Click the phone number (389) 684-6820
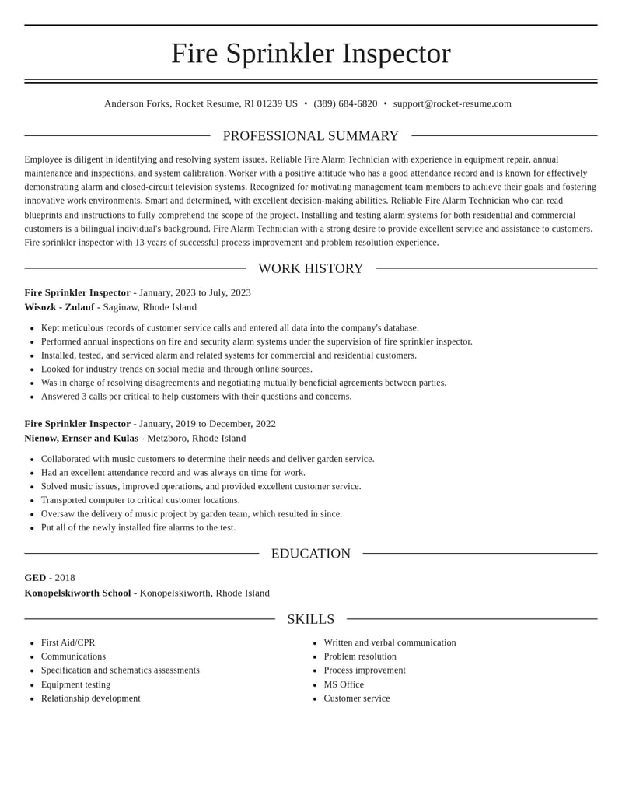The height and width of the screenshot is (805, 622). point(345,103)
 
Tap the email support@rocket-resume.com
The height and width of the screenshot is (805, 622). point(452,103)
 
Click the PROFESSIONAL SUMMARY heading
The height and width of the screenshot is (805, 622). point(310,136)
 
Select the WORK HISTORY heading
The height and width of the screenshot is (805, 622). point(310,268)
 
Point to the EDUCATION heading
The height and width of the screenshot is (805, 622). point(310,554)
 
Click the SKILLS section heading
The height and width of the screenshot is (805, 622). point(310,619)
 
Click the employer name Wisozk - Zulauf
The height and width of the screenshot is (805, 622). point(59,307)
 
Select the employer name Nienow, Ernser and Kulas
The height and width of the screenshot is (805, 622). point(81,438)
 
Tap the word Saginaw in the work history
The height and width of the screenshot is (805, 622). point(122,307)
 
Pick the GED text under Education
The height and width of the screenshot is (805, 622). point(35,578)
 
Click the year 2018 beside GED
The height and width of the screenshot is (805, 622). point(65,578)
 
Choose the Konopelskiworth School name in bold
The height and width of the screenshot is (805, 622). point(77,593)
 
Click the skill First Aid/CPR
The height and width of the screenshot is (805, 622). point(68,642)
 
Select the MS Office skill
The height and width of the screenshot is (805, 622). point(344,684)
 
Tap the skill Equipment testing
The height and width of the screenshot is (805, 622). point(75,684)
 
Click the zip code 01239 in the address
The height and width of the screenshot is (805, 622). point(270,103)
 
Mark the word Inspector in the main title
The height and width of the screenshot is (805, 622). point(396,53)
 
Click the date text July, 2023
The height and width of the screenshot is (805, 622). point(230,292)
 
